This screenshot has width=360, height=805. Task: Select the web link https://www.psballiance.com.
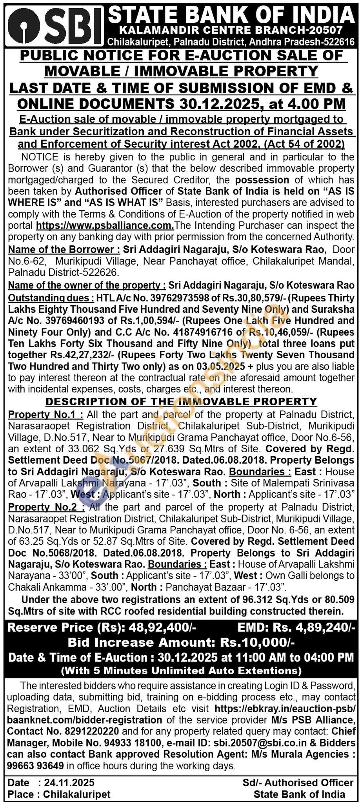pos(105,226)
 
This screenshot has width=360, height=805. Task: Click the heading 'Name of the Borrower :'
pos(64,250)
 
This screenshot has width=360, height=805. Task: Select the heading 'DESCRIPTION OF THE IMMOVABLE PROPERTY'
pos(181,401)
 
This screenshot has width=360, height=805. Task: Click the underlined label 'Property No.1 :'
pos(45,414)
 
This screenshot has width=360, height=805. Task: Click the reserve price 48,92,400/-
pos(160,627)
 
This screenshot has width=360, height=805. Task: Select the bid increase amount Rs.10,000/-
pos(257,642)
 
